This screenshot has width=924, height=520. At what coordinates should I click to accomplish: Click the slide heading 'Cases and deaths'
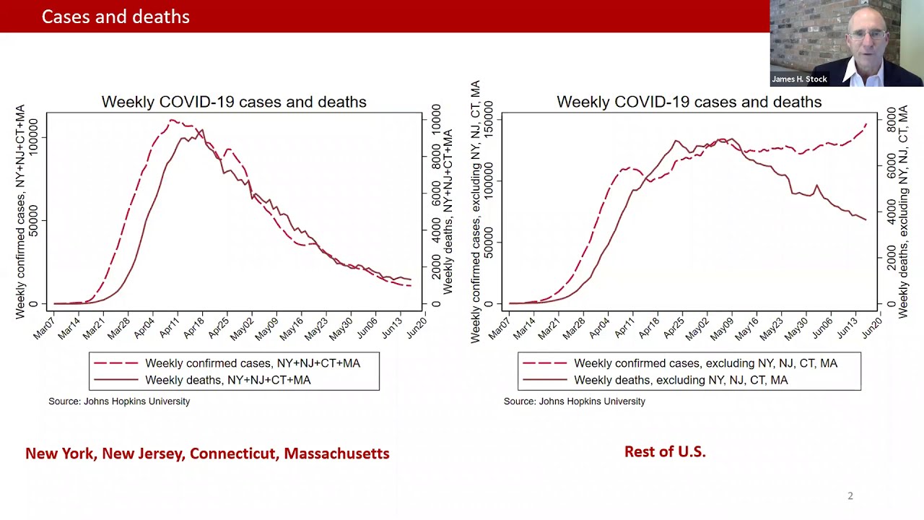115,17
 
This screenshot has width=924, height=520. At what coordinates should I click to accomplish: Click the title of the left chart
234,102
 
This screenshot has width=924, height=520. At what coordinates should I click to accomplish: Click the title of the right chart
689,102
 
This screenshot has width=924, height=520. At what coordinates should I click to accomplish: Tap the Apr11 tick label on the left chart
170,327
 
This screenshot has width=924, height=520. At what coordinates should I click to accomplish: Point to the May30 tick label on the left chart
342,329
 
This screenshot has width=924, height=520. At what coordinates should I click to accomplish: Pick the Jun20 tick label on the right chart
871,328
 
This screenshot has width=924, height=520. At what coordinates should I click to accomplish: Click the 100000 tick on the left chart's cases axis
32,137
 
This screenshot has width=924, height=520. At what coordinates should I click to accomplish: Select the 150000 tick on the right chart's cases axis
488,120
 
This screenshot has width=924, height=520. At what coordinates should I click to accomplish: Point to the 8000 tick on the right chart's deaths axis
891,120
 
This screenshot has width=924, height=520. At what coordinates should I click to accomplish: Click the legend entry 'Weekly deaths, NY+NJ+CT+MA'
227,380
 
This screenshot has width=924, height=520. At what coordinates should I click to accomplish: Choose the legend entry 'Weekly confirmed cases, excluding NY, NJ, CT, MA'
705,363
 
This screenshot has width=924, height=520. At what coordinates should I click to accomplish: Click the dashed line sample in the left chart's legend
116,363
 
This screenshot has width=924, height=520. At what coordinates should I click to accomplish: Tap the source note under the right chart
574,401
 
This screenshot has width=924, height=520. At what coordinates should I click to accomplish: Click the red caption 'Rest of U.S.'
665,451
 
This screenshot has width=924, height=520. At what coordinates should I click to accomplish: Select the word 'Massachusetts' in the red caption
336,454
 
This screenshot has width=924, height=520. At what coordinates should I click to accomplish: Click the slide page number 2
850,495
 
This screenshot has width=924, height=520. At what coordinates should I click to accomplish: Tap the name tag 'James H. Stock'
799,79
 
